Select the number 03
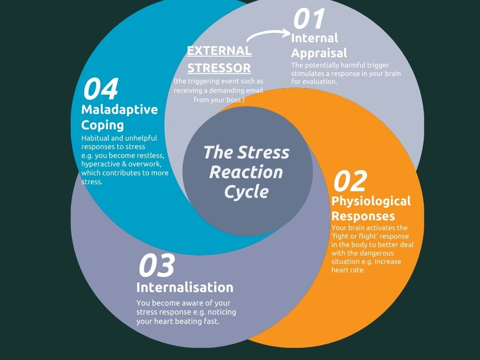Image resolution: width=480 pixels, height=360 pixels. tap(156, 265)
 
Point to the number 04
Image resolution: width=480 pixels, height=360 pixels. tap(100, 89)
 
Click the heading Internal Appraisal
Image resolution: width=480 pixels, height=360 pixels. tap(319, 45)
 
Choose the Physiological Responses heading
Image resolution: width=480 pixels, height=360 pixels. tap(371, 209)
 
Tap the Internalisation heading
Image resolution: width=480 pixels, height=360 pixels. tap(185, 287)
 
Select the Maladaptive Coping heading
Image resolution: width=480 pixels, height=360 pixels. tap(120, 117)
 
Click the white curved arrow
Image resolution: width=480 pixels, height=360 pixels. tap(268, 35)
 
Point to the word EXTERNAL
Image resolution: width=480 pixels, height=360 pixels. tap(219, 51)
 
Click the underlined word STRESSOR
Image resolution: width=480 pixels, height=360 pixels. tap(219, 68)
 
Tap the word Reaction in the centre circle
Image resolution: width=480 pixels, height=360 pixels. tap(246, 172)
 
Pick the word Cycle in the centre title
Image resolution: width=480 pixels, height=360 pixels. tap(246, 192)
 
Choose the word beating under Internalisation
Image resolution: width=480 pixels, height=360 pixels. tap(186, 322)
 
